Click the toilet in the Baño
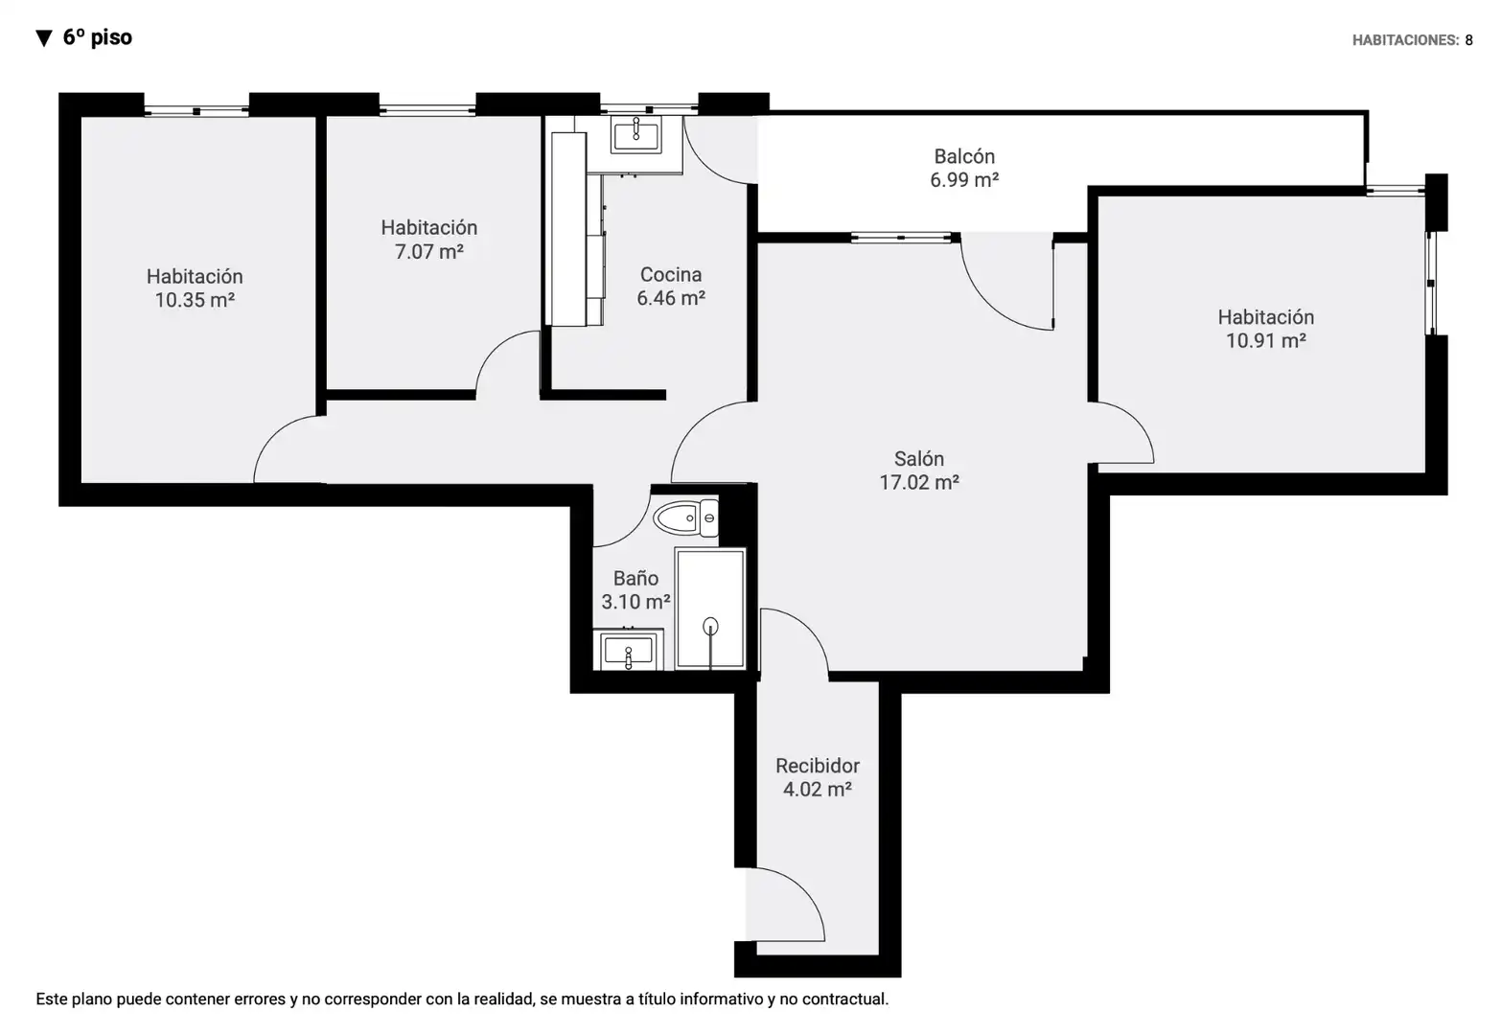(x=685, y=517)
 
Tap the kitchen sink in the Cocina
(x=635, y=135)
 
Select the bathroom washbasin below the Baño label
(x=628, y=650)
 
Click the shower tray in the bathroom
(x=710, y=609)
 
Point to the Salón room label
(x=918, y=459)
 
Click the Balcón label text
(x=964, y=156)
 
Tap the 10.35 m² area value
(x=195, y=300)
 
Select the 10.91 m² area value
(x=1266, y=341)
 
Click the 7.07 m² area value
(x=428, y=252)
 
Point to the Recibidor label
(x=818, y=766)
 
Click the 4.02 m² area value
(x=818, y=789)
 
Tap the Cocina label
(x=671, y=275)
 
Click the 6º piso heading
(x=97, y=37)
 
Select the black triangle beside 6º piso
(x=44, y=38)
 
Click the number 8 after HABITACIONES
(x=1468, y=40)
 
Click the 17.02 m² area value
(x=918, y=482)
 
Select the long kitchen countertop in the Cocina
(x=569, y=229)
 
